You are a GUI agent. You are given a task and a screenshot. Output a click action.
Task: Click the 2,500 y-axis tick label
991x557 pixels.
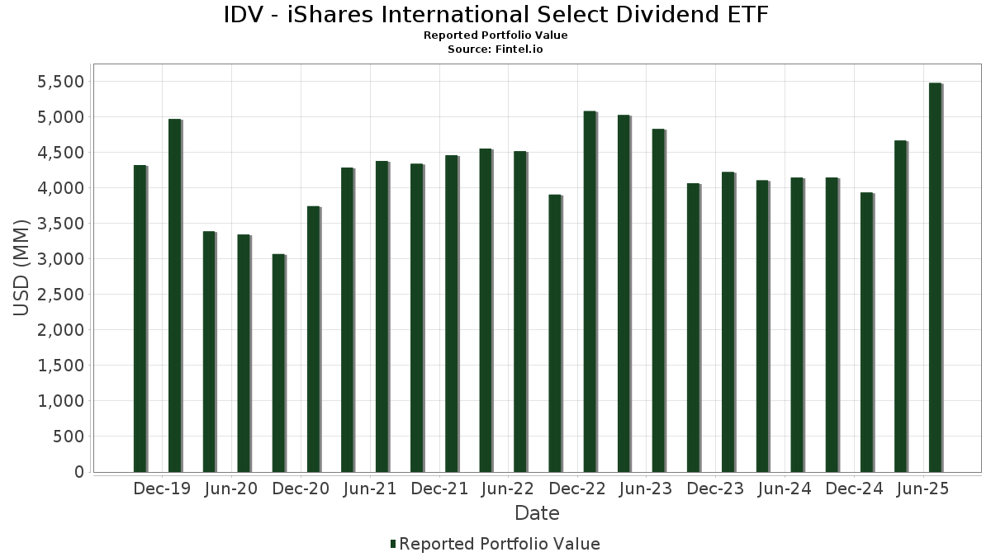tap(60, 295)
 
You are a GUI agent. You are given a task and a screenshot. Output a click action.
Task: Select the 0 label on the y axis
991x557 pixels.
tap(78, 472)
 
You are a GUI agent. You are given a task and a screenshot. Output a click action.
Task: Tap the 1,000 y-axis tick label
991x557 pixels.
tap(60, 401)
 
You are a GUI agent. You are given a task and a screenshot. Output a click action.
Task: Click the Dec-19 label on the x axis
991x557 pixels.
tap(162, 489)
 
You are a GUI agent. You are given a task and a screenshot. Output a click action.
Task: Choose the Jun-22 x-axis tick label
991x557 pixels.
tap(506, 489)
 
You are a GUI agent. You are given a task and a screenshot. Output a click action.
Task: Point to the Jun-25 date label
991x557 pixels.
tap(922, 489)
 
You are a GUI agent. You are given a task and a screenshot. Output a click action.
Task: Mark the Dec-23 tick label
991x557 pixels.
tap(714, 489)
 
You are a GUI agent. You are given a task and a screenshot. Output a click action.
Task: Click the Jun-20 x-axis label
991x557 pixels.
tap(230, 489)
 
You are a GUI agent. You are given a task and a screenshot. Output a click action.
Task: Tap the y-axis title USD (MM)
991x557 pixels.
tap(22, 267)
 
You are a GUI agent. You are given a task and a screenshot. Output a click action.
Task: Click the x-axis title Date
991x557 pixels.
tap(537, 513)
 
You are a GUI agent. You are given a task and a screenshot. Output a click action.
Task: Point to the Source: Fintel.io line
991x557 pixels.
tap(495, 50)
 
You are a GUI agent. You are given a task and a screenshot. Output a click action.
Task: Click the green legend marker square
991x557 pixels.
tap(393, 544)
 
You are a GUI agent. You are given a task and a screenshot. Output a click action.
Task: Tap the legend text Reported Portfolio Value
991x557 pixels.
tap(500, 544)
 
